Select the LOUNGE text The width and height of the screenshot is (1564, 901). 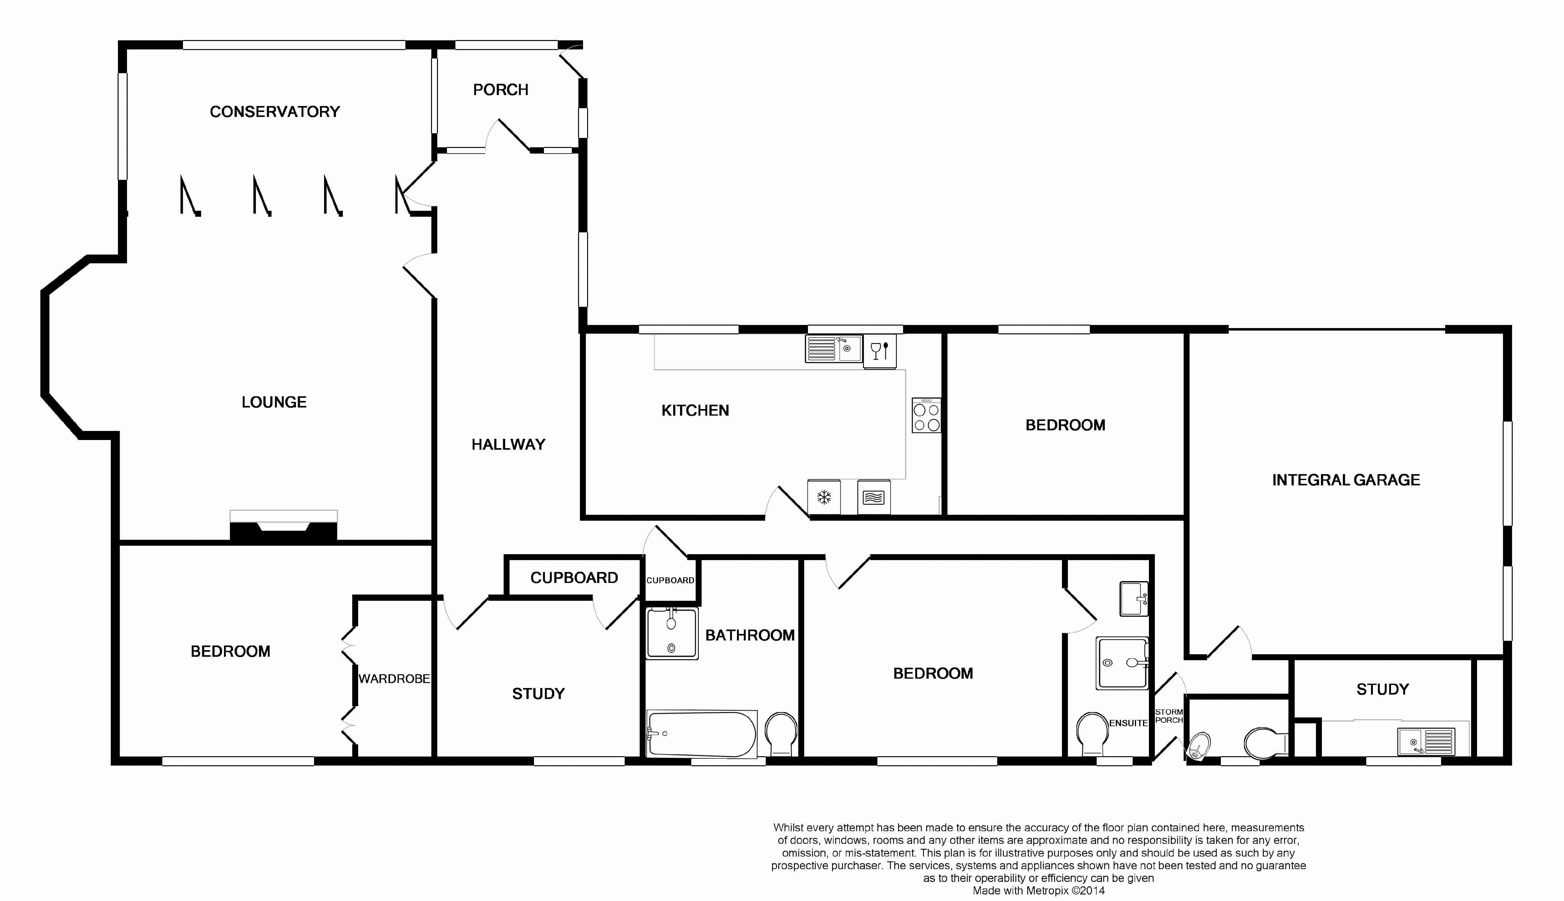274,402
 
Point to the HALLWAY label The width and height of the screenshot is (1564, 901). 508,444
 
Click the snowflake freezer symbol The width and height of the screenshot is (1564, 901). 824,497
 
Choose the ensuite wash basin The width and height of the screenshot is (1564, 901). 1134,598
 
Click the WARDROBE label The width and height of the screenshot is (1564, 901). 394,679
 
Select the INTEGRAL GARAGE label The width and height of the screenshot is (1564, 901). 1346,480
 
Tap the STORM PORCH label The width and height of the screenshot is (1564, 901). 1169,716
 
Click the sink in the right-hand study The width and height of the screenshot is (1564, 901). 1426,741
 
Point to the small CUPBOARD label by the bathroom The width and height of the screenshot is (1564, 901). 670,580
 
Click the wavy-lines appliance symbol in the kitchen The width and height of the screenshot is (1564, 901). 873,497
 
